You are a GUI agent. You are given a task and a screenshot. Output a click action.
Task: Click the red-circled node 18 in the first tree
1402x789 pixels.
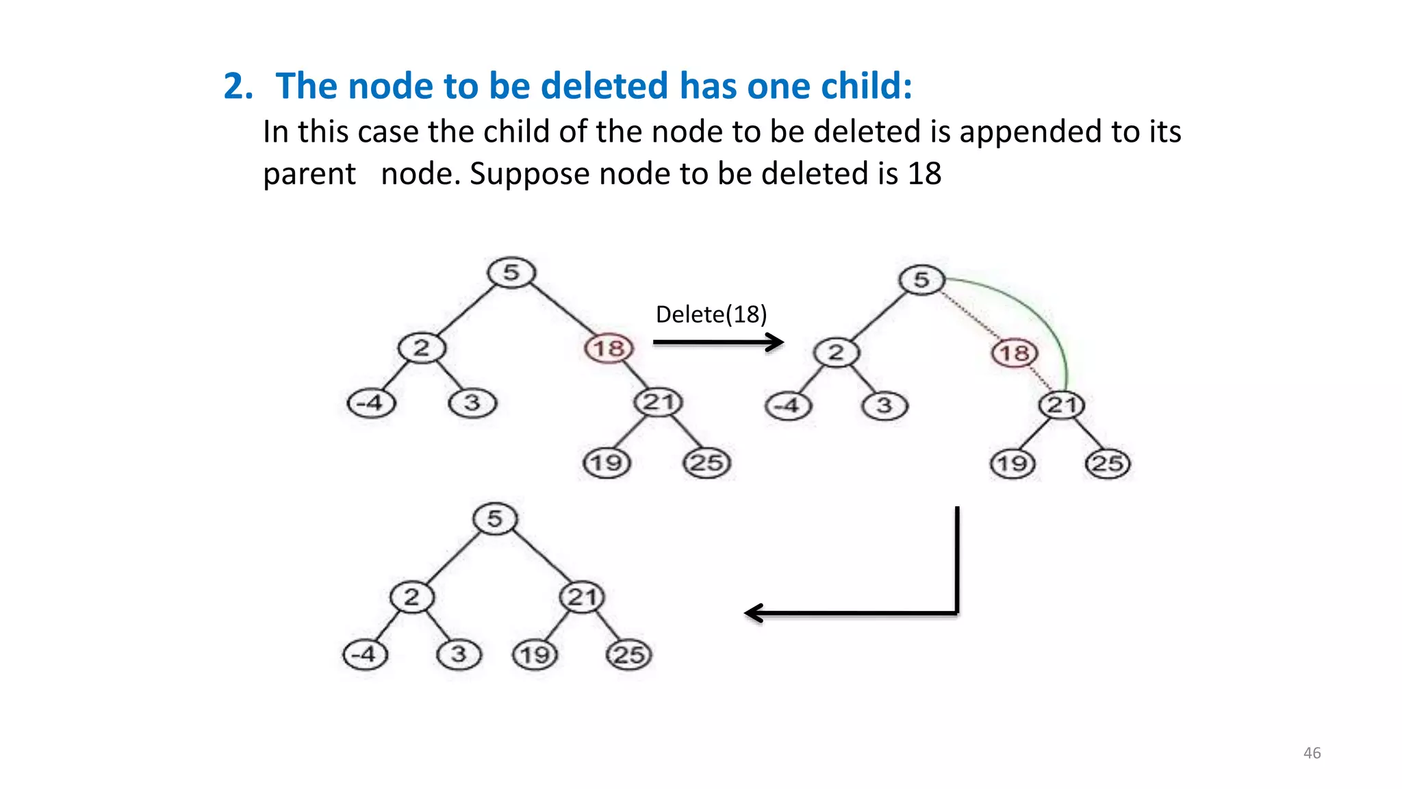click(609, 348)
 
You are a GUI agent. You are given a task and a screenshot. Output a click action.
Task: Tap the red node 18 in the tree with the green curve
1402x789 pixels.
click(1015, 353)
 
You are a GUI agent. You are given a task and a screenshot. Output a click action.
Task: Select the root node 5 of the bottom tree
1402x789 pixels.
click(495, 518)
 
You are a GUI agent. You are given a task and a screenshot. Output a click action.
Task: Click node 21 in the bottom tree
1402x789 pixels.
click(582, 597)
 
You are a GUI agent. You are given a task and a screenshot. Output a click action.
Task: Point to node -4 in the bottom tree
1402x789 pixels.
click(365, 654)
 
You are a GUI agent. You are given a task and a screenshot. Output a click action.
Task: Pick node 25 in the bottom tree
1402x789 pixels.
click(629, 655)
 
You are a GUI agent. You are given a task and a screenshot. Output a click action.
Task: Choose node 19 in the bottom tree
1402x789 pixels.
click(535, 655)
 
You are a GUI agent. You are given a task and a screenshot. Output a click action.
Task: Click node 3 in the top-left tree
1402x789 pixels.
click(472, 403)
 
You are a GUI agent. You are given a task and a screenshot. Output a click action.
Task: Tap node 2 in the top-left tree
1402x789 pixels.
click(422, 348)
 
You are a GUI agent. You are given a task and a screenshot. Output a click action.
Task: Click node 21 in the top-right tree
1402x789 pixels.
click(1062, 405)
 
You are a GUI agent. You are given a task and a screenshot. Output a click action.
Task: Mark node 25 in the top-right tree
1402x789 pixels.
click(1108, 464)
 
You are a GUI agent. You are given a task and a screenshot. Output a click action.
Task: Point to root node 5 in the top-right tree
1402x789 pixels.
click(921, 279)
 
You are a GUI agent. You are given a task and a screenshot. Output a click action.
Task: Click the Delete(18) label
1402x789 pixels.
click(711, 314)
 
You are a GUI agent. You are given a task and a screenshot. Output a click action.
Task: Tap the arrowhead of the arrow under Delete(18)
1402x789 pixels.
click(776, 342)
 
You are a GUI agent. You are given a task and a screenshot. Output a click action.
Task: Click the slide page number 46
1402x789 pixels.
click(1312, 753)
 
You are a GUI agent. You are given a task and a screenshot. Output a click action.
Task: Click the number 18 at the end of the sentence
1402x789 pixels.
click(924, 174)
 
